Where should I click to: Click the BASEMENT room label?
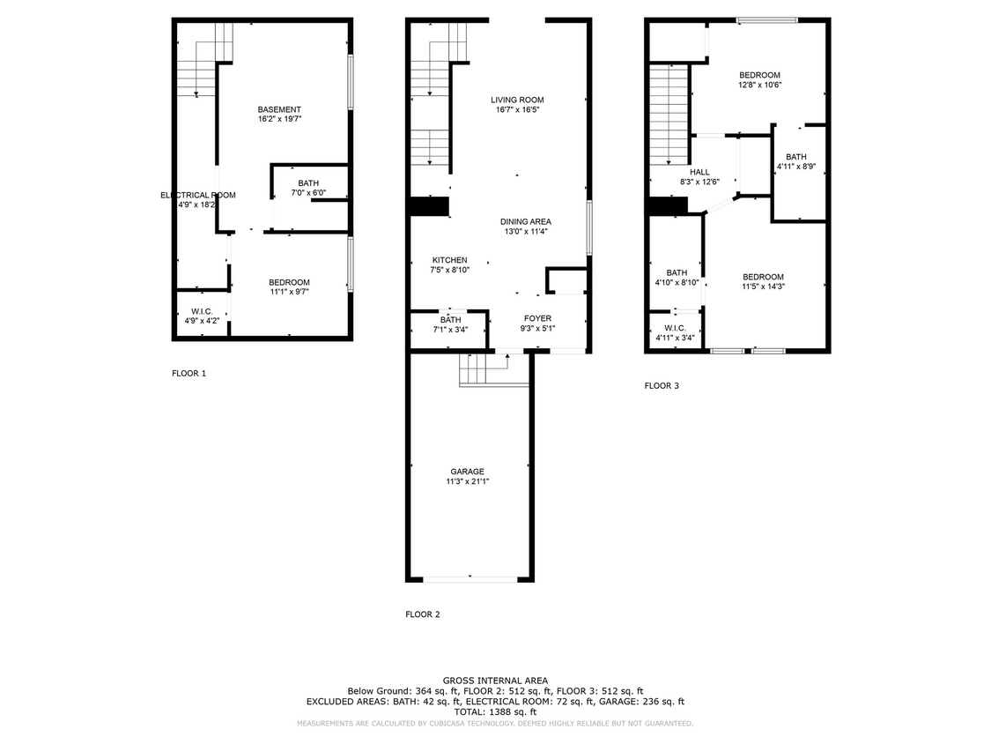pos(279,109)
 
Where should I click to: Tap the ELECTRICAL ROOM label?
pos(198,195)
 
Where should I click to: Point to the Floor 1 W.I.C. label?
pos(201,311)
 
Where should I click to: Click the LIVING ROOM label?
pos(517,100)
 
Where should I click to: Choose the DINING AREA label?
pos(525,221)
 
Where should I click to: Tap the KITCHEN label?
pos(449,260)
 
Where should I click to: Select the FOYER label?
pos(537,318)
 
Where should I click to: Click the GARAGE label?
pos(467,472)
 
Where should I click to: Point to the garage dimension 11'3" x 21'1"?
pos(467,482)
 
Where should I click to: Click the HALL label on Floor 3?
pos(699,172)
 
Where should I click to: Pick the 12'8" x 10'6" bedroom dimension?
pos(759,86)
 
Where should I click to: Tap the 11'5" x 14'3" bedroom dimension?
pos(763,286)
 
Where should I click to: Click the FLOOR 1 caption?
pos(189,374)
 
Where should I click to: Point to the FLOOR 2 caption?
pos(422,614)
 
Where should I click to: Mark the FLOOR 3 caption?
pos(662,385)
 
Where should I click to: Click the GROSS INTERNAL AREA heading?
pos(495,681)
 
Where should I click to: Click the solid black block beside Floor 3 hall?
pos(667,205)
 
